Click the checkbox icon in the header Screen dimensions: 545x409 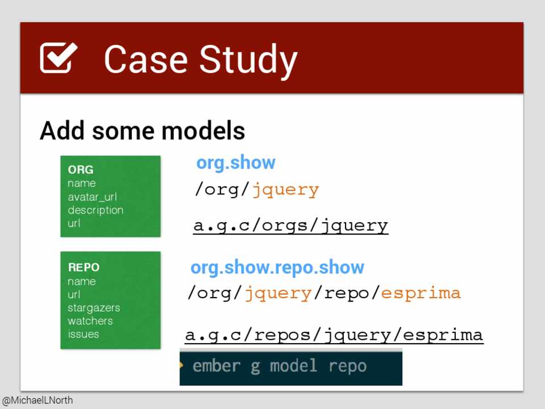click(x=58, y=58)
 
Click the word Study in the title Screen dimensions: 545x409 click(x=248, y=61)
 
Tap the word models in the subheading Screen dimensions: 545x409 click(x=203, y=131)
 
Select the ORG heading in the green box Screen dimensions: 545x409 click(x=81, y=170)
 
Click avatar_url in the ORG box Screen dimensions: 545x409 click(x=93, y=197)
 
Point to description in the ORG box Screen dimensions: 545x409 click(x=95, y=211)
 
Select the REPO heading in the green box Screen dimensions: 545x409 click(x=84, y=267)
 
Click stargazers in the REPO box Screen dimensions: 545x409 click(x=94, y=308)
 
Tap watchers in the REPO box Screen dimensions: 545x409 click(x=90, y=321)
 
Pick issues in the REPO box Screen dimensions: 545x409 click(x=84, y=334)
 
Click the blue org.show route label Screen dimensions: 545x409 click(x=236, y=162)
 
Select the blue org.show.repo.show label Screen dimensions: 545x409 click(x=277, y=268)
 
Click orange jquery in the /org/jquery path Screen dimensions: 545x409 click(x=285, y=190)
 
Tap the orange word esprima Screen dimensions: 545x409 click(x=421, y=293)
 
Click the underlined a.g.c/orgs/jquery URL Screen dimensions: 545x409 click(x=290, y=226)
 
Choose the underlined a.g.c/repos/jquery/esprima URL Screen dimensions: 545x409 click(x=334, y=336)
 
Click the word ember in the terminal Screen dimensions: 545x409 click(x=216, y=366)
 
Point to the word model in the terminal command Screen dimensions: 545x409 click(x=294, y=366)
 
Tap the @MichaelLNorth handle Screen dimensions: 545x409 click(x=38, y=400)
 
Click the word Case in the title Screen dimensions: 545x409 click(x=145, y=59)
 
